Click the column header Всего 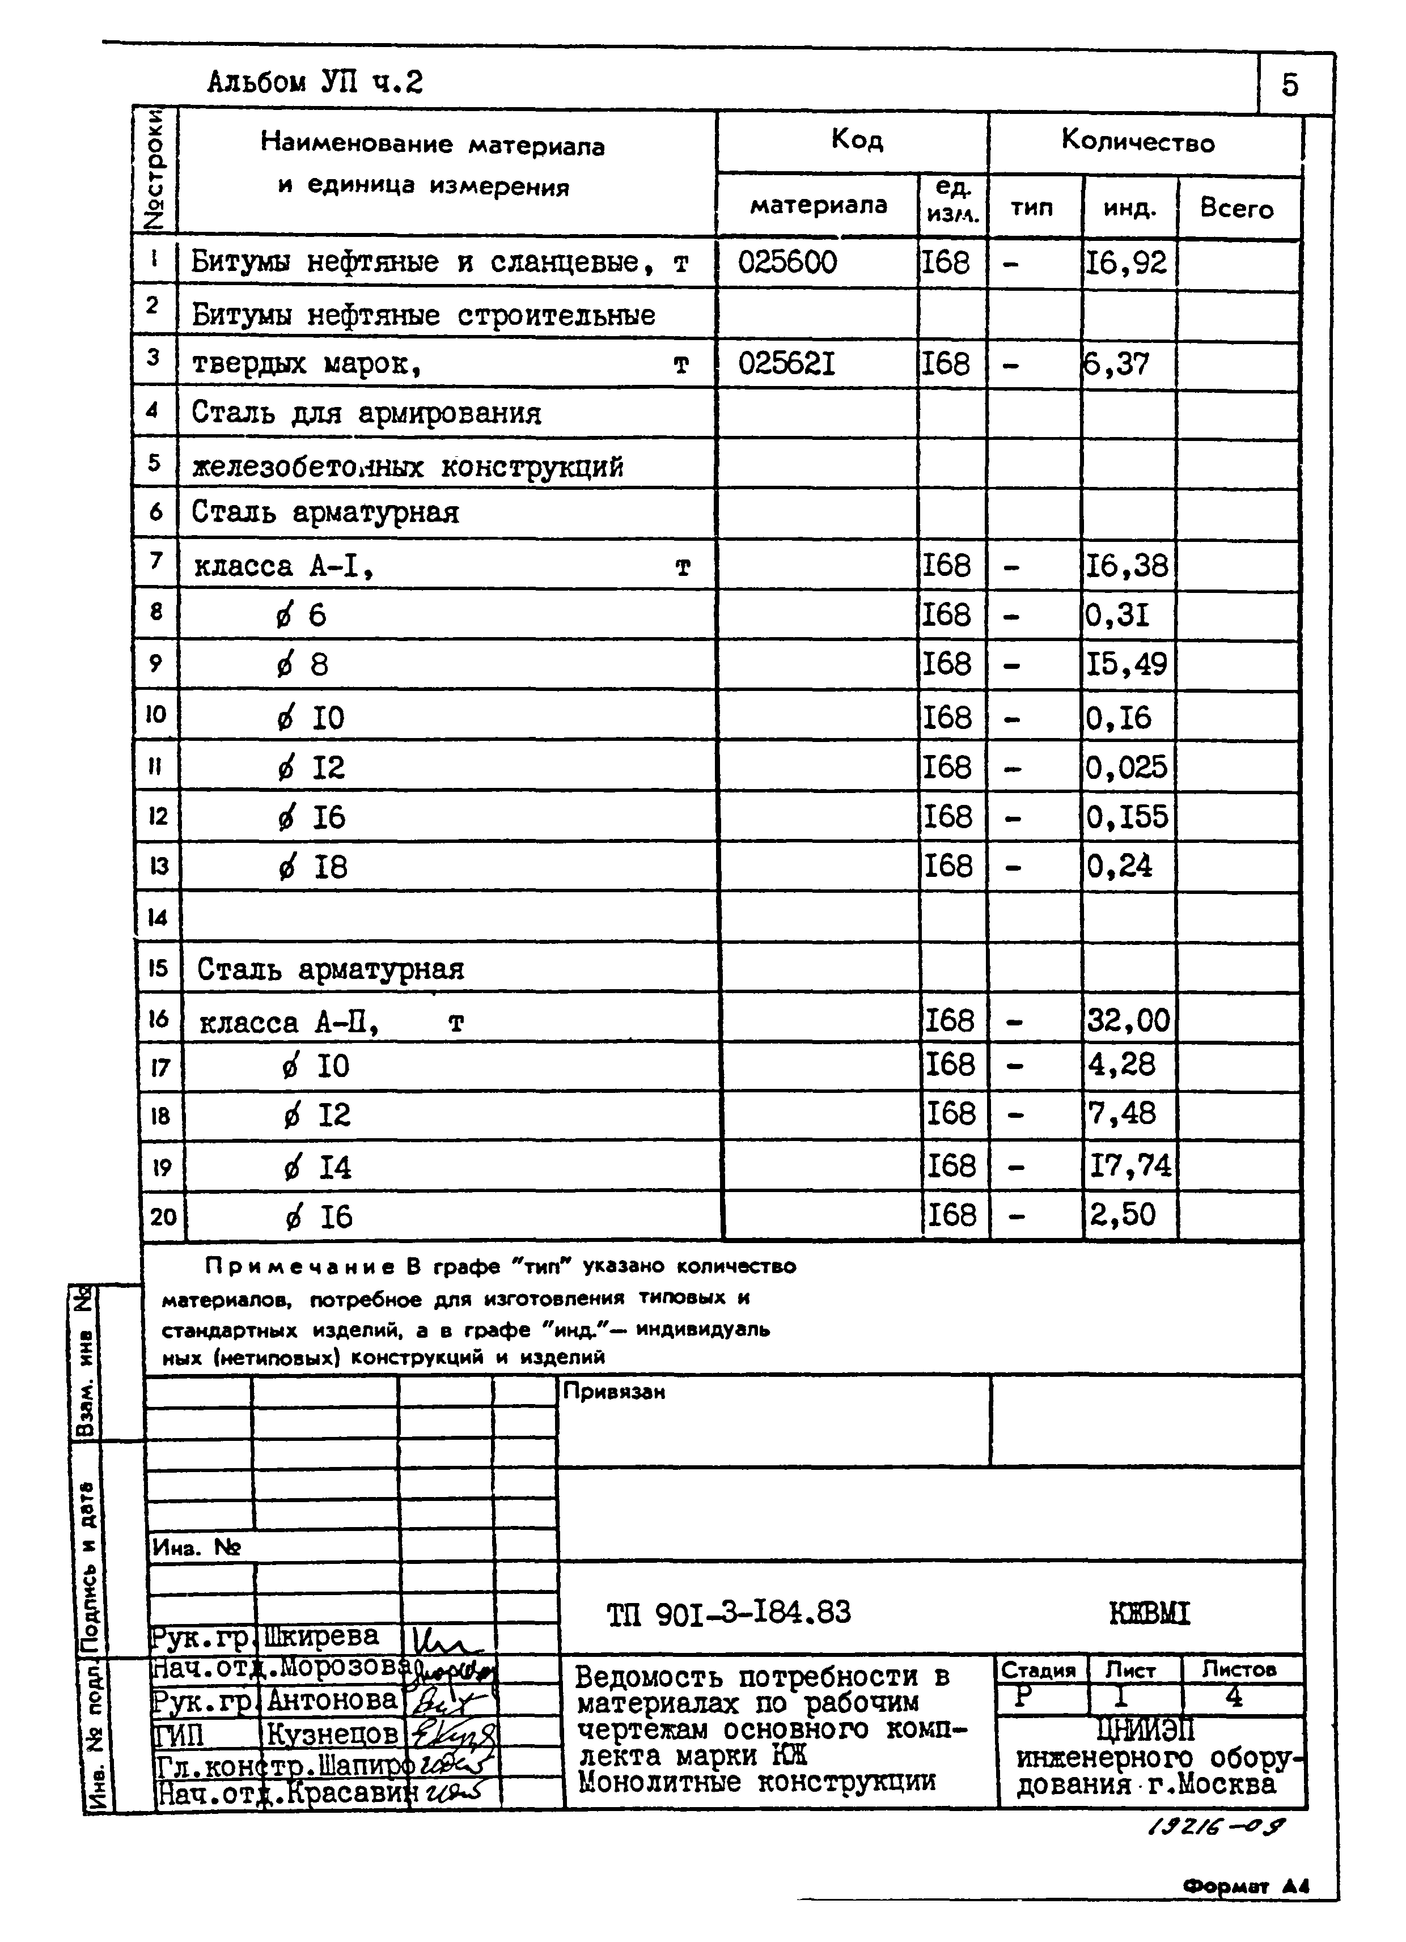pos(1236,208)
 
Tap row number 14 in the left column pos(158,918)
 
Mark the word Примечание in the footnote pos(300,1266)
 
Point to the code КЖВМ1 pos(1149,1614)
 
